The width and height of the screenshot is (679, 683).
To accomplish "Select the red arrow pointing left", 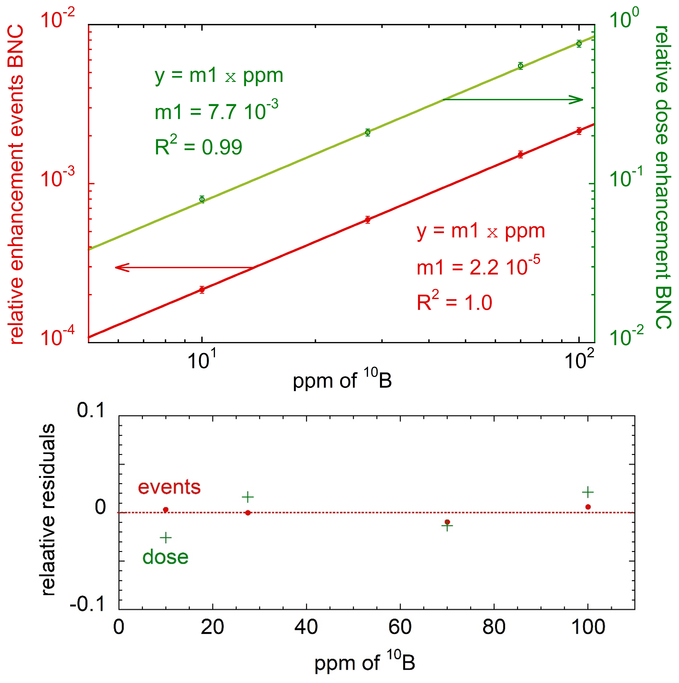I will click(x=184, y=267).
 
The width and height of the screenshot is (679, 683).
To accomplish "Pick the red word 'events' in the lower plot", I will click(x=169, y=487).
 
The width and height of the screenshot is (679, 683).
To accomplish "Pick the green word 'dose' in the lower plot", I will click(x=166, y=557).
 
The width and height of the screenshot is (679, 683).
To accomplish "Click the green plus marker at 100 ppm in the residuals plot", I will click(x=588, y=492).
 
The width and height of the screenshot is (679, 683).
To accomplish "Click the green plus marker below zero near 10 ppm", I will click(x=166, y=538).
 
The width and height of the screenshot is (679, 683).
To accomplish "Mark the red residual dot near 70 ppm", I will click(x=447, y=522).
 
